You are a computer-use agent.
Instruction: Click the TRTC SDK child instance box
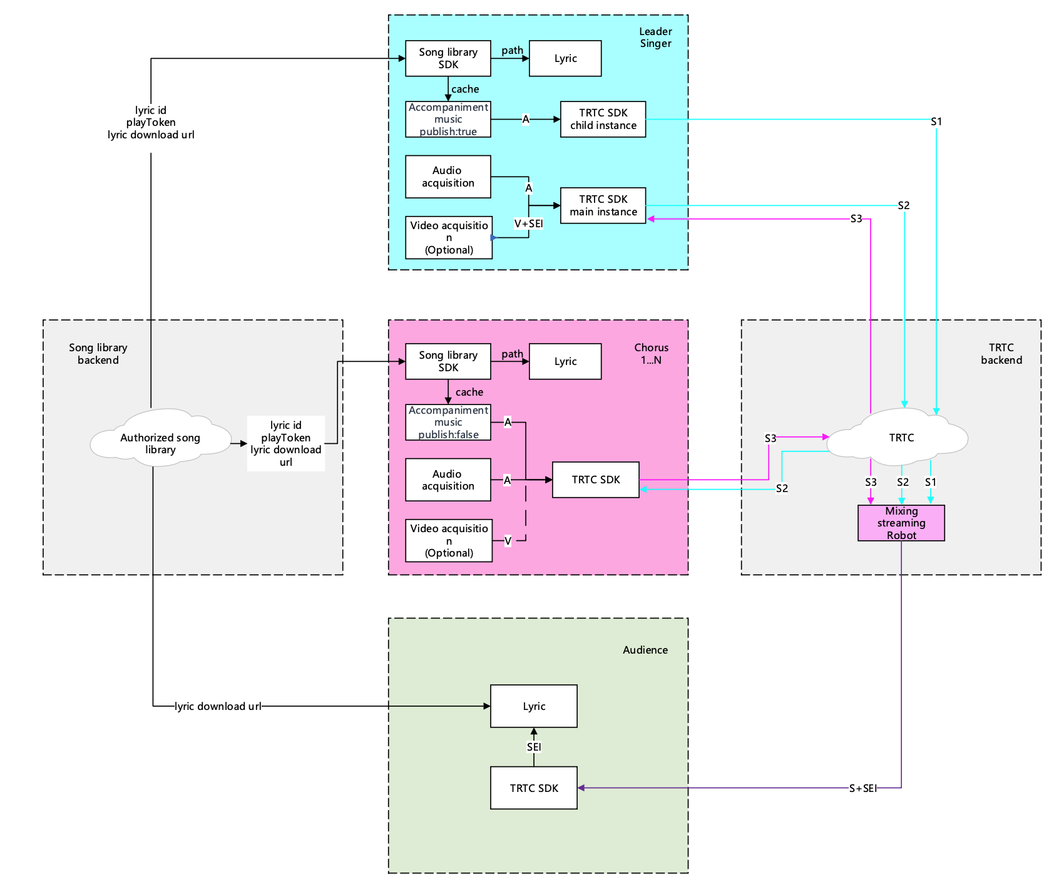[603, 119]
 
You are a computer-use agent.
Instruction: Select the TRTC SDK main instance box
[603, 205]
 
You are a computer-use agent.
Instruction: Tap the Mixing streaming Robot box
[901, 523]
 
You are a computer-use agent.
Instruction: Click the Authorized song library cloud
[160, 443]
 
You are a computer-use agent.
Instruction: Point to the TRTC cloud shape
[901, 438]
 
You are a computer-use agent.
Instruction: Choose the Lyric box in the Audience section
[534, 706]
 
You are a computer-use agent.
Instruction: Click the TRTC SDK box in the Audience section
[534, 788]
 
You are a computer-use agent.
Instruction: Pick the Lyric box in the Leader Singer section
[565, 58]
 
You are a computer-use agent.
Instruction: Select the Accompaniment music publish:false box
[448, 423]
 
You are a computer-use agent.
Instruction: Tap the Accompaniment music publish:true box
[448, 119]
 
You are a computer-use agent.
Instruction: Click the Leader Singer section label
[655, 38]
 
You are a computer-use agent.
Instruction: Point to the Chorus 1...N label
[651, 354]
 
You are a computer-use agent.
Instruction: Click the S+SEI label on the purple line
[862, 788]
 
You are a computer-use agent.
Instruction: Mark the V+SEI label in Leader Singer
[528, 223]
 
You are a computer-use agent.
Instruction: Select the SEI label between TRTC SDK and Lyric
[534, 747]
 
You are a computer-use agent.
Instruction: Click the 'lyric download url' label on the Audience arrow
[218, 706]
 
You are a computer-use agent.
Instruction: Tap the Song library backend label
[98, 354]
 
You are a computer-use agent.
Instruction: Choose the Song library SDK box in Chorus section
[448, 361]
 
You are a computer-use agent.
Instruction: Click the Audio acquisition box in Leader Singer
[448, 177]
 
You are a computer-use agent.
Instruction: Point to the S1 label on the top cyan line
[936, 121]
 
